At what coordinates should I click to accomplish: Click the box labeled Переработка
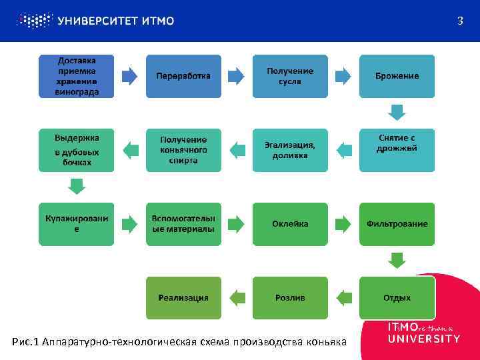[x=183, y=76]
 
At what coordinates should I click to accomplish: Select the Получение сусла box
[x=290, y=76]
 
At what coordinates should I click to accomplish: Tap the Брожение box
[x=397, y=76]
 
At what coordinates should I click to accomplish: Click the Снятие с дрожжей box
[x=397, y=149]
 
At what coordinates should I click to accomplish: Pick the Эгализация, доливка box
[x=290, y=150]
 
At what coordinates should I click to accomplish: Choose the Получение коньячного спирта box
[x=183, y=150]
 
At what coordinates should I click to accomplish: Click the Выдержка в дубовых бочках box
[x=77, y=150]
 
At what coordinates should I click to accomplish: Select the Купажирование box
[x=77, y=224]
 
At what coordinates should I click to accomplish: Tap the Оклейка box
[x=290, y=224]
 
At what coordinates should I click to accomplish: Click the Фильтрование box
[x=397, y=224]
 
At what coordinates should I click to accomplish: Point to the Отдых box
[x=397, y=297]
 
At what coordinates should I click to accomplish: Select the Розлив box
[x=290, y=297]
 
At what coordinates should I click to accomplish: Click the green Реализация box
[x=183, y=297]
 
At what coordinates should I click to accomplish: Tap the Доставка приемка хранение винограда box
[x=77, y=76]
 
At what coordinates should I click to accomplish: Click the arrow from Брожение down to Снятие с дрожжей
[x=397, y=112]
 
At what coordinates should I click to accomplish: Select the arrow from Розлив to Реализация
[x=237, y=297]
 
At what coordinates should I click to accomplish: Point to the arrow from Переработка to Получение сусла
[x=237, y=75]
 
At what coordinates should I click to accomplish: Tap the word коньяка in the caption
[x=326, y=342]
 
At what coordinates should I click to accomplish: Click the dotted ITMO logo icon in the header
[x=33, y=21]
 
